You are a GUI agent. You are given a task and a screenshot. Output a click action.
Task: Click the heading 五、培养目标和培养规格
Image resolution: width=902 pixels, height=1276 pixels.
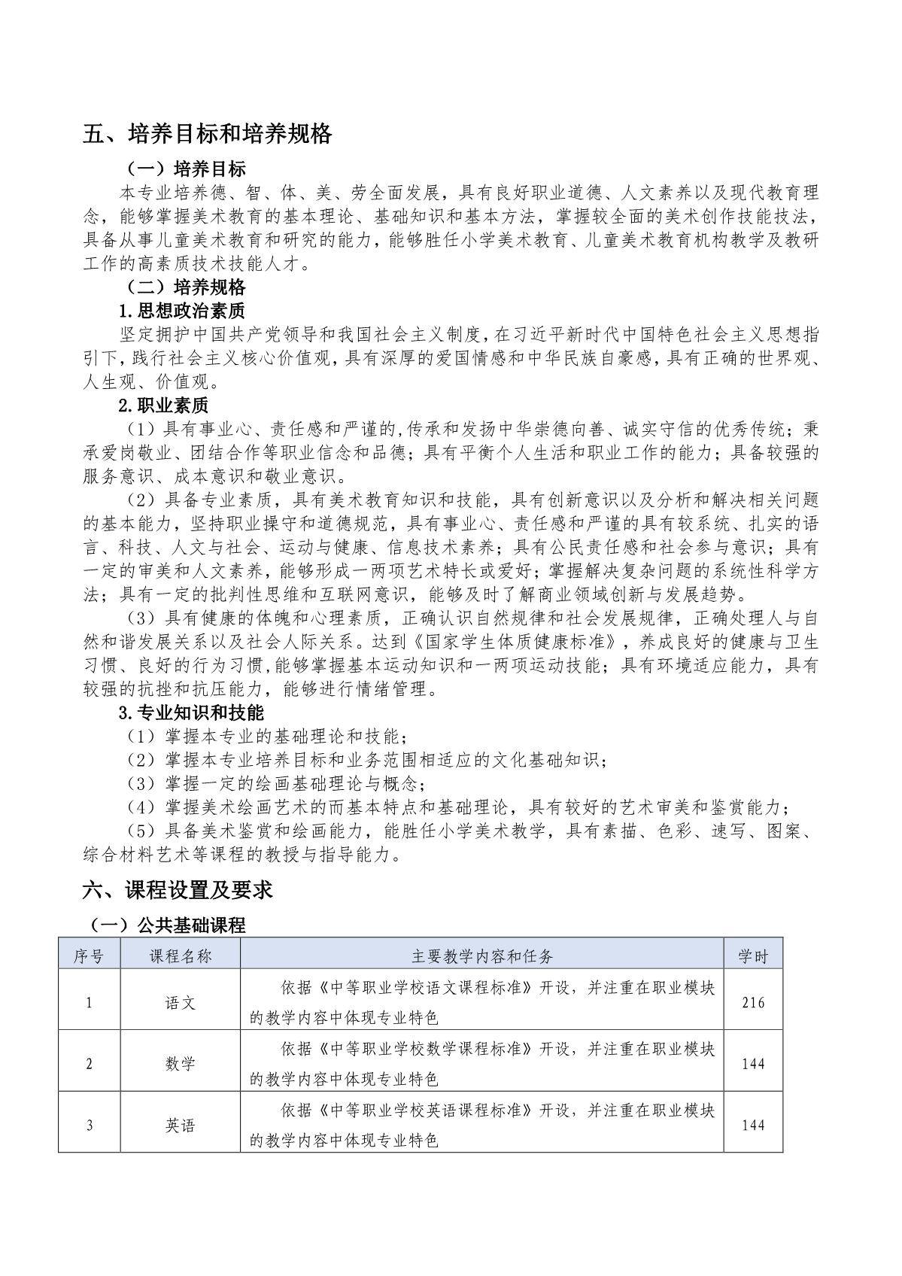208,134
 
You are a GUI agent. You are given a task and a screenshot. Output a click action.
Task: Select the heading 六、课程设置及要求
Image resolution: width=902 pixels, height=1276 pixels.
178,890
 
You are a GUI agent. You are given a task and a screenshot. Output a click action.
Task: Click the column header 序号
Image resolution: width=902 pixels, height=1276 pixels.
89,955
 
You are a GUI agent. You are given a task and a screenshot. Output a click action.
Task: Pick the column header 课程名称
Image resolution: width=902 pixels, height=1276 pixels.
180,955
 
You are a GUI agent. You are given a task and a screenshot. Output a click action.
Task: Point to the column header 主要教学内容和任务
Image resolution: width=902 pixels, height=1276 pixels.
482,955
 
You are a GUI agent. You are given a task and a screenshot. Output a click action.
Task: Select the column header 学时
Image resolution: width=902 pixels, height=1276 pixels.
752,955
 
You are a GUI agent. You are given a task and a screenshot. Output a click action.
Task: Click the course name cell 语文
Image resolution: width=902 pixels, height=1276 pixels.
180,1002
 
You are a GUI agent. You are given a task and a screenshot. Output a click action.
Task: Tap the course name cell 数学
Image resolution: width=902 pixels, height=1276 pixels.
180,1064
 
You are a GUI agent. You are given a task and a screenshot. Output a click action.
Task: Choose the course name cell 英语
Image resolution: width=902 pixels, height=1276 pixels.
180,1126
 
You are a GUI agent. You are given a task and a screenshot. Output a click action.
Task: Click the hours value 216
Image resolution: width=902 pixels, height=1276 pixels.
752,1002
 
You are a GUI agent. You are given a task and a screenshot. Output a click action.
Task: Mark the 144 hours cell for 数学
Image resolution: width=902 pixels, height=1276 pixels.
752,1064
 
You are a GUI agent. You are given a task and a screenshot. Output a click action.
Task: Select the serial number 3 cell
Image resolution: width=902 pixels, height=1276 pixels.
89,1126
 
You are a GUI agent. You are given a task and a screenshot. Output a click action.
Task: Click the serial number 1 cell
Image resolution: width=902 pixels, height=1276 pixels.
89,1002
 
